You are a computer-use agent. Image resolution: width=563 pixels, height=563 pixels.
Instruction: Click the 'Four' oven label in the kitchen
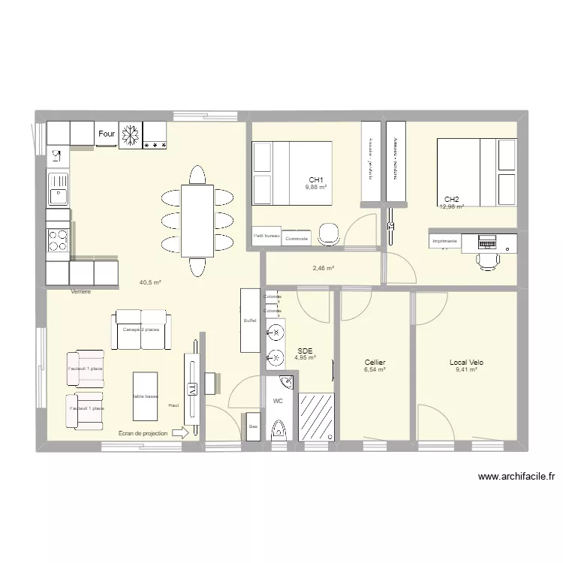pyautogui.click(x=107, y=134)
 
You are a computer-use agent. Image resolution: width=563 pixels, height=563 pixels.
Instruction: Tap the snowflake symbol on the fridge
pyautogui.click(x=131, y=134)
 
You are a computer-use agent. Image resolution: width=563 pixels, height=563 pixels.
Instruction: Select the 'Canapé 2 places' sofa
pyautogui.click(x=140, y=329)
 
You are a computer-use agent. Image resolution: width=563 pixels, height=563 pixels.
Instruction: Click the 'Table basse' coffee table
pyautogui.click(x=146, y=396)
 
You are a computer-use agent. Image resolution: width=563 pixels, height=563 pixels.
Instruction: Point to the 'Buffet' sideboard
pyautogui.click(x=250, y=321)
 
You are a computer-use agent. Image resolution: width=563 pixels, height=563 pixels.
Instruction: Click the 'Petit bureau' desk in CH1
pyautogui.click(x=266, y=236)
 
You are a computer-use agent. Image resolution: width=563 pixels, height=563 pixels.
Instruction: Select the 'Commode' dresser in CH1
pyautogui.click(x=297, y=237)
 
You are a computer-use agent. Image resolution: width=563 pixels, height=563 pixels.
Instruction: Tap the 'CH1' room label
pyautogui.click(x=316, y=179)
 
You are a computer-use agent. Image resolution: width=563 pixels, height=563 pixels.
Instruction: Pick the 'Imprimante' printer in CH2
pyautogui.click(x=444, y=241)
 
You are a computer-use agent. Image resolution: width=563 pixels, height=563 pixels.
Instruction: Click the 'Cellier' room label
pyautogui.click(x=375, y=362)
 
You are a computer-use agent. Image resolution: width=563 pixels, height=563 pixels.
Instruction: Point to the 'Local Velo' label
pyautogui.click(x=466, y=362)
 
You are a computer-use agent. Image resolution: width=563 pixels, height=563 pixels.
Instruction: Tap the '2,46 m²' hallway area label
pyautogui.click(x=324, y=268)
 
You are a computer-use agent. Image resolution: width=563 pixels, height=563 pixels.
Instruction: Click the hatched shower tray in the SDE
pyautogui.click(x=315, y=417)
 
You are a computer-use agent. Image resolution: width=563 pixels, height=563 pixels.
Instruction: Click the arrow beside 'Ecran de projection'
pyautogui.click(x=180, y=432)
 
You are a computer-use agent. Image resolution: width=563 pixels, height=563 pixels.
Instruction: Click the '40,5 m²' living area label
pyautogui.click(x=150, y=282)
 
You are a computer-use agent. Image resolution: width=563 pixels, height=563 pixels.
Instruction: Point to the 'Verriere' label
pyautogui.click(x=80, y=291)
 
